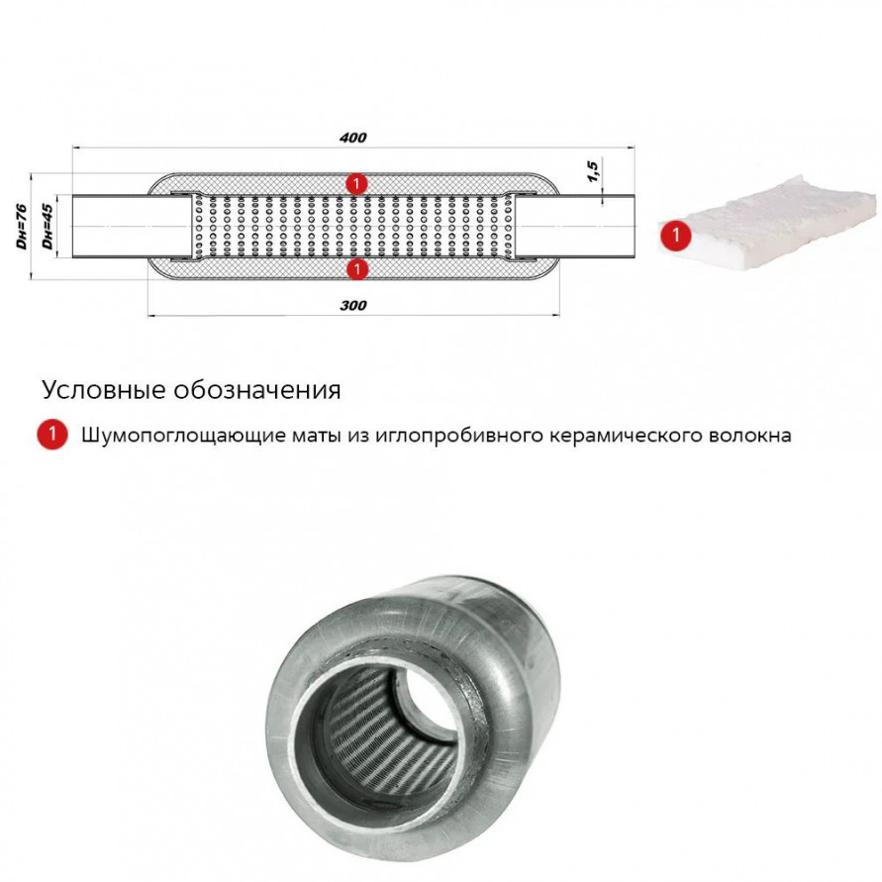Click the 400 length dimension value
point(352,138)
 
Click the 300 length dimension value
point(352,306)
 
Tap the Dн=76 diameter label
point(22,227)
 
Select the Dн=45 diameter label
point(48,227)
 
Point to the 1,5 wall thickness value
point(593,170)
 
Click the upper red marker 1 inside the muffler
point(356,184)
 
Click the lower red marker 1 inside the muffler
point(356,269)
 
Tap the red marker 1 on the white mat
point(675,234)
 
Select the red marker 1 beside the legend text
point(52,435)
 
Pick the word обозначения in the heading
point(257,390)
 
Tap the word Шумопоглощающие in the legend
point(183,436)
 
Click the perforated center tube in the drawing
point(352,227)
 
